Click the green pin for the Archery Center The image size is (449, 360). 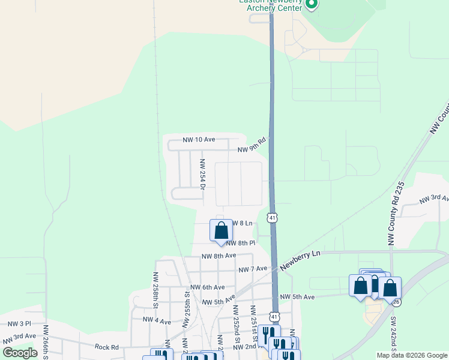[x=311, y=5]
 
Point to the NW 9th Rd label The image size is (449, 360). [x=252, y=146]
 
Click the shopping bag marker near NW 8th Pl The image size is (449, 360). [x=221, y=231]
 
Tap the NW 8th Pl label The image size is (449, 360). [x=241, y=243]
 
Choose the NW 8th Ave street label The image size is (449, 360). [x=218, y=256]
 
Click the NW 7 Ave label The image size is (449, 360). [x=252, y=269]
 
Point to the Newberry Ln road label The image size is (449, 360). [x=300, y=261]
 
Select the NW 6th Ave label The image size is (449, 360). [x=209, y=287]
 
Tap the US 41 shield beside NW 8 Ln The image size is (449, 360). [x=273, y=217]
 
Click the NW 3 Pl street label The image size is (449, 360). [x=19, y=323]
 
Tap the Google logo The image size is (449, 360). [x=20, y=353]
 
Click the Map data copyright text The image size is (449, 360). [x=412, y=355]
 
